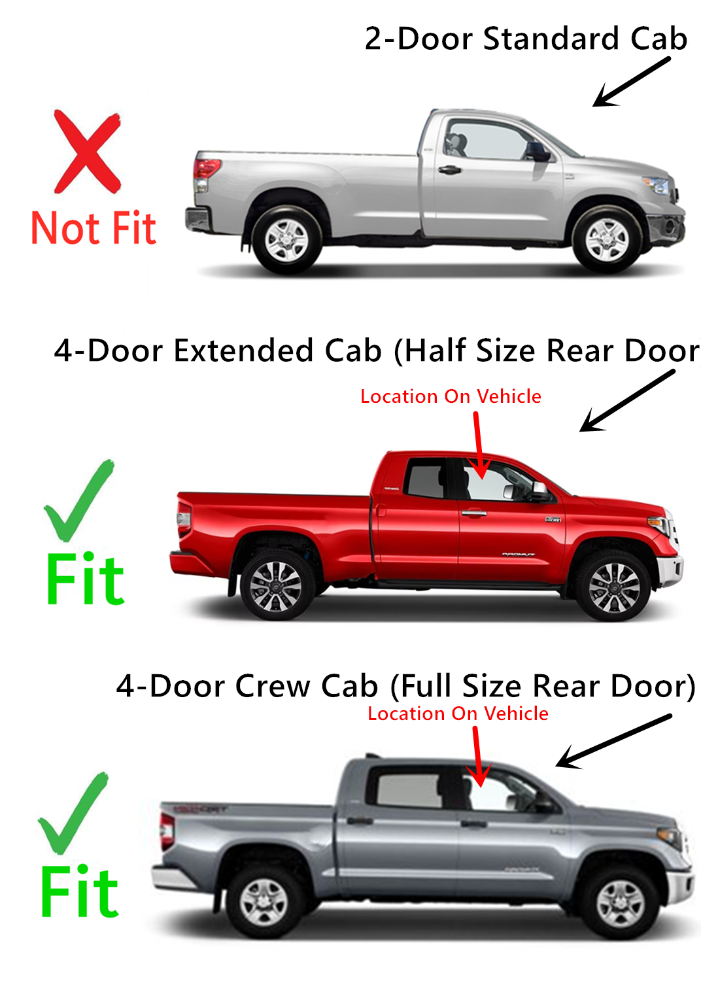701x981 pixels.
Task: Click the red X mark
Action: click(87, 152)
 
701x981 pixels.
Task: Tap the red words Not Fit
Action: click(94, 229)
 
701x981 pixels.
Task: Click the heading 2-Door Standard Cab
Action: click(526, 39)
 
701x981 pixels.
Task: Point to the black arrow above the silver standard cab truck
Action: click(630, 82)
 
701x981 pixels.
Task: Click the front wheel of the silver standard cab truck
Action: click(606, 239)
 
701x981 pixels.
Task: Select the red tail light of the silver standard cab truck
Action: click(205, 169)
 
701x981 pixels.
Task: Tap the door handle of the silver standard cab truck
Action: click(449, 170)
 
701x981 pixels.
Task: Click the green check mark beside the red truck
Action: click(78, 500)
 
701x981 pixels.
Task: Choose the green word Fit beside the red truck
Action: click(85, 579)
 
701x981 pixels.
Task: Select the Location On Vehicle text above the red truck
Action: click(451, 396)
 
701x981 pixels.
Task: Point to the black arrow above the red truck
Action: click(626, 401)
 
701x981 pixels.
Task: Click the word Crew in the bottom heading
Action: click(273, 687)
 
